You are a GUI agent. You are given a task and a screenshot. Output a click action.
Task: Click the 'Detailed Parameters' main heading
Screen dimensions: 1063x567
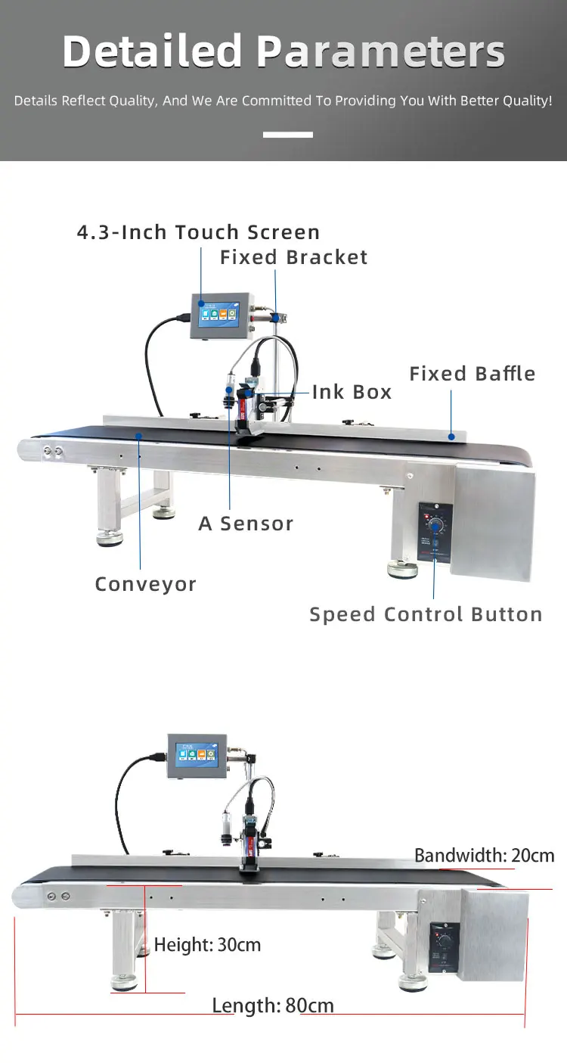tap(283, 51)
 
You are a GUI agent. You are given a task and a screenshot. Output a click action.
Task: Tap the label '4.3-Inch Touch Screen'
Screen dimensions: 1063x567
tap(198, 232)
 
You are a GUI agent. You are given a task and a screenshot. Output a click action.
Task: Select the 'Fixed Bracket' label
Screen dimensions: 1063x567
tap(293, 257)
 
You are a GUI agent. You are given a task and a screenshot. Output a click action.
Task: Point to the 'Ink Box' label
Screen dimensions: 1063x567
tap(352, 392)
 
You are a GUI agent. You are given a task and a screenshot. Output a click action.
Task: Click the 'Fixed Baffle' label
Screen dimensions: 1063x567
tap(472, 374)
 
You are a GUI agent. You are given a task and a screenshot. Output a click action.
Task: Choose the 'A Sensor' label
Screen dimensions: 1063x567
tap(246, 524)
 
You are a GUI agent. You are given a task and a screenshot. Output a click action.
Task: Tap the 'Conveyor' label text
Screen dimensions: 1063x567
tap(145, 584)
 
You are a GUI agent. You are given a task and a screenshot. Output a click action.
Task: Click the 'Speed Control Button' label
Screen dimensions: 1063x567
tap(426, 614)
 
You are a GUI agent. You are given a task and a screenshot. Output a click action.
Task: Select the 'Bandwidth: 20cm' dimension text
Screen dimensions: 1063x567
tap(484, 856)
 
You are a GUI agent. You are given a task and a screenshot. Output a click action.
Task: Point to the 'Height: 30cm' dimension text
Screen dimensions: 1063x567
tap(207, 944)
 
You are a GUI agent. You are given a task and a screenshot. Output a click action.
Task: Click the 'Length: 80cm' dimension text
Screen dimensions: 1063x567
tap(272, 1005)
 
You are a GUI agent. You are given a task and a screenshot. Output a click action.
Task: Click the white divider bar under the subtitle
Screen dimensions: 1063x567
tap(287, 135)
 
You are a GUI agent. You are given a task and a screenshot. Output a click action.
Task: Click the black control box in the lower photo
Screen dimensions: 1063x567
tap(443, 946)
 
